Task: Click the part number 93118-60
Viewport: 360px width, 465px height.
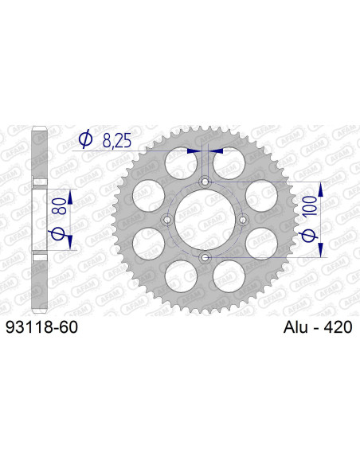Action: [41, 327]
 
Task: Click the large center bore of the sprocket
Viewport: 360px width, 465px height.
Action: [205, 220]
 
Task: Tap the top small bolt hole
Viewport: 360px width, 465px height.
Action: [205, 182]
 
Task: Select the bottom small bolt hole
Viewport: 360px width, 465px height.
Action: [205, 258]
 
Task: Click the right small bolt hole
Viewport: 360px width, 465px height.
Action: [243, 220]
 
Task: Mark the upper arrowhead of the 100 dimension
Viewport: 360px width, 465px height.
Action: [323, 188]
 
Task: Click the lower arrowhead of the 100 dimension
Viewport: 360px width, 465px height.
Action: [323, 252]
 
